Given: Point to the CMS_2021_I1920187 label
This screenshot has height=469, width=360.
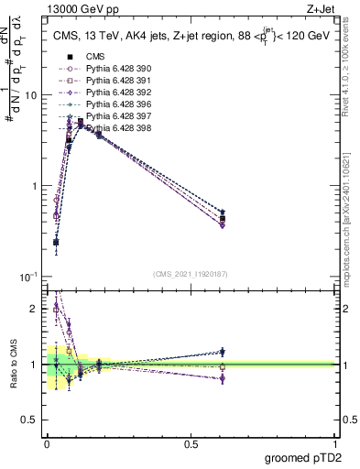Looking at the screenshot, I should point(190,273).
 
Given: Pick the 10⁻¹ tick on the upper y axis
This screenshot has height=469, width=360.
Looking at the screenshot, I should point(27,276).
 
